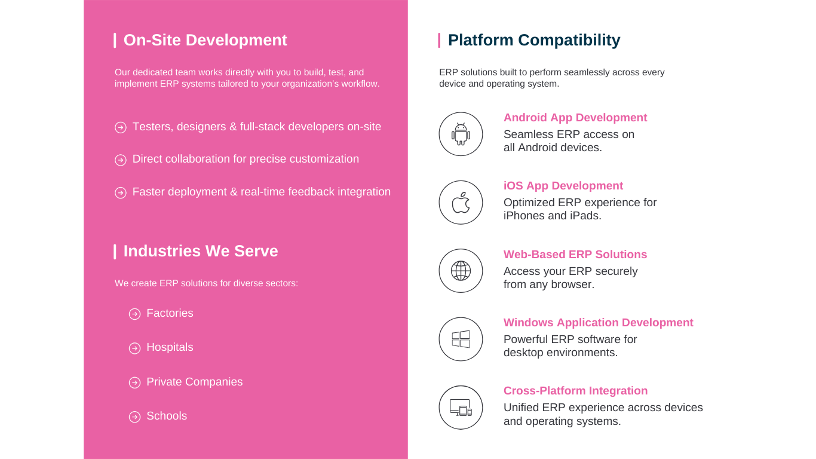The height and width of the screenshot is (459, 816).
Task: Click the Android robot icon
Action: (x=461, y=134)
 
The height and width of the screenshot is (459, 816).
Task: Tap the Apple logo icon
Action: (x=461, y=203)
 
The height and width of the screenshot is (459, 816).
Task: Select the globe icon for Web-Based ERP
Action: (x=461, y=271)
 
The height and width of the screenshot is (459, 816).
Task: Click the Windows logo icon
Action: (x=461, y=339)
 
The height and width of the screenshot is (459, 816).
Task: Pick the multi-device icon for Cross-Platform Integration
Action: (x=461, y=408)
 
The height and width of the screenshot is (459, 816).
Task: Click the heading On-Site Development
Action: (x=205, y=40)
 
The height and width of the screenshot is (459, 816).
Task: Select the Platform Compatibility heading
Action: (x=533, y=40)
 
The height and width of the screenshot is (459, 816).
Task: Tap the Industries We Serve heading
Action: (x=201, y=251)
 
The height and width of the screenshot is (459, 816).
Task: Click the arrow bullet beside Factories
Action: (x=134, y=314)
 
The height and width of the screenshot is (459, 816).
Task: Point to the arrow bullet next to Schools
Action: (x=134, y=417)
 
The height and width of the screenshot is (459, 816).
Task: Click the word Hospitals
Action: (x=170, y=347)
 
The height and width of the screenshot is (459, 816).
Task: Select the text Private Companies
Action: (x=195, y=382)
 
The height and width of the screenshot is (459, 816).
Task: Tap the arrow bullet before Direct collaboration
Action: (x=121, y=160)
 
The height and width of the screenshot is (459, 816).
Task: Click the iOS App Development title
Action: (x=563, y=185)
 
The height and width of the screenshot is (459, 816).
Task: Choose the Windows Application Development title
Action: (x=598, y=323)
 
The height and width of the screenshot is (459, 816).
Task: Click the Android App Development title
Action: (x=575, y=117)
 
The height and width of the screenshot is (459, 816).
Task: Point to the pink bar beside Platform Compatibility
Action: (x=439, y=40)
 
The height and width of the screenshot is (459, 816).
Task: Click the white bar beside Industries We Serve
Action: (x=115, y=252)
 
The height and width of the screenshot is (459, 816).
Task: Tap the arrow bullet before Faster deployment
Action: (x=121, y=192)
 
